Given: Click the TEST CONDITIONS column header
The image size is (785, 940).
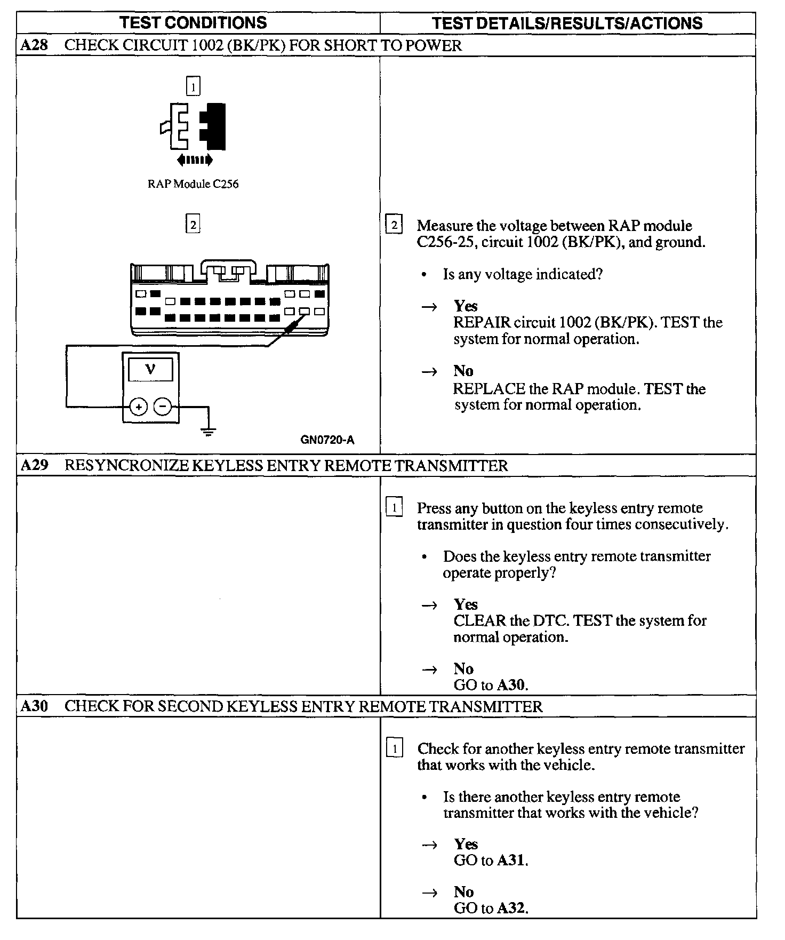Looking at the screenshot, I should click(193, 22).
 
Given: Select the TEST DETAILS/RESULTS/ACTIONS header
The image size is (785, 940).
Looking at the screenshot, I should click(567, 23).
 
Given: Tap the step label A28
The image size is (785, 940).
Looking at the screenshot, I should click(34, 45).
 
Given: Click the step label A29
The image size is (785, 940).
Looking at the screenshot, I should click(34, 465).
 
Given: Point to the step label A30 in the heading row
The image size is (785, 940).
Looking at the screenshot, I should click(34, 706).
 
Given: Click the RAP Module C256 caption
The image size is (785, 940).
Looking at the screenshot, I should click(193, 184).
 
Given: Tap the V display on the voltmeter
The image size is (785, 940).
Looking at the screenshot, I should click(151, 369).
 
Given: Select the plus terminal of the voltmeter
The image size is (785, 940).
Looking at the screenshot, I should click(139, 407).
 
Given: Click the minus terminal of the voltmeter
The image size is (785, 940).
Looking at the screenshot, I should click(163, 407).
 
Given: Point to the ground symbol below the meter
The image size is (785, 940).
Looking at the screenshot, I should click(209, 430).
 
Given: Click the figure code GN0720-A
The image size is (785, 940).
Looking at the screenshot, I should click(327, 440).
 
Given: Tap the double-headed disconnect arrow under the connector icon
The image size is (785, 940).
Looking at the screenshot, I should click(195, 160).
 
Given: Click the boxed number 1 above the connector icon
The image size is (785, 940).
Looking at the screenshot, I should click(193, 86).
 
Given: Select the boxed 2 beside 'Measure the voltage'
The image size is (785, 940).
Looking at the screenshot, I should click(394, 225).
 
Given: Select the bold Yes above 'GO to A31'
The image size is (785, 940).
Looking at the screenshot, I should click(466, 844).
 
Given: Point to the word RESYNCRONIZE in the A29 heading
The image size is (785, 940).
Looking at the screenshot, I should click(126, 466).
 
